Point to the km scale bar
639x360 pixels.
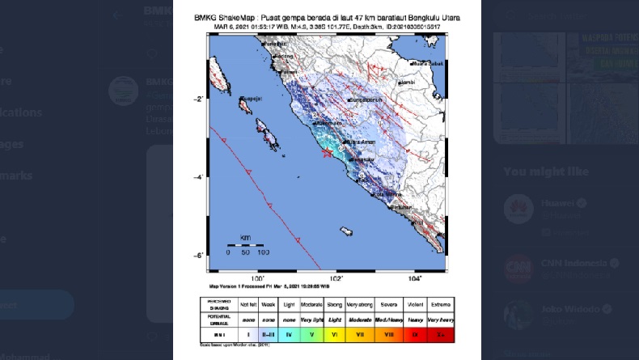click(x=244, y=244)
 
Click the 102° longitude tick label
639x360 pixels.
click(x=335, y=278)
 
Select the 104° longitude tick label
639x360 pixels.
click(x=415, y=278)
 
